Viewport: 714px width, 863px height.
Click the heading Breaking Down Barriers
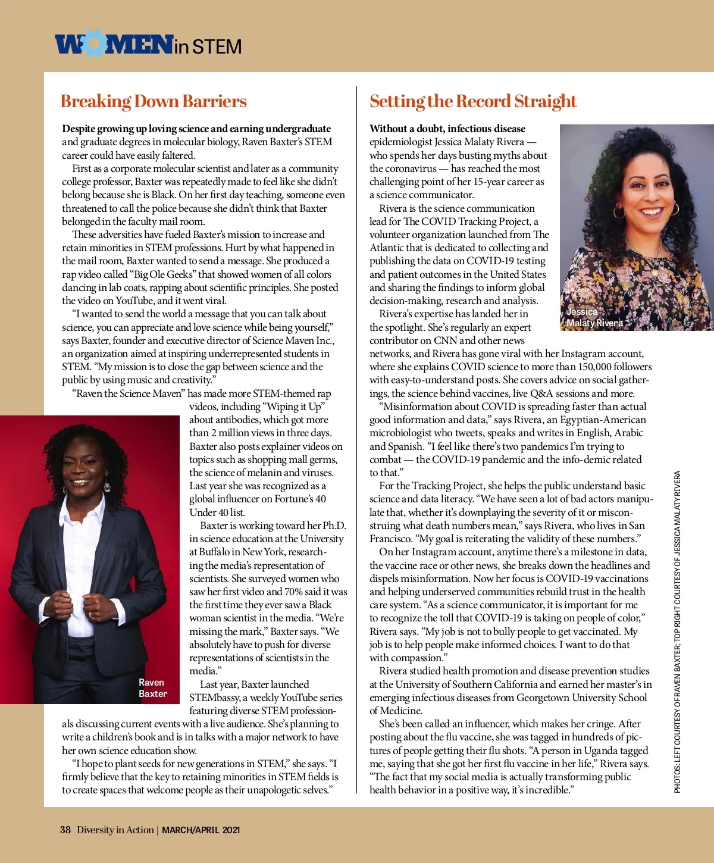[153, 102]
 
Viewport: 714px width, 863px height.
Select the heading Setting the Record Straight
[473, 102]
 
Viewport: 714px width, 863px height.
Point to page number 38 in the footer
[65, 830]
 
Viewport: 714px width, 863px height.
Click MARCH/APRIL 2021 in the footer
[201, 830]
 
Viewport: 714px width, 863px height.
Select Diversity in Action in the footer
[115, 830]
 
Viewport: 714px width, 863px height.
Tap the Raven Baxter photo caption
[152, 688]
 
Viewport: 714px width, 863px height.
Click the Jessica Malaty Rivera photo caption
[594, 317]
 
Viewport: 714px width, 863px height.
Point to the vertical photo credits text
[677, 631]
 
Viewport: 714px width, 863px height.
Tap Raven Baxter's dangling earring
[107, 486]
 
